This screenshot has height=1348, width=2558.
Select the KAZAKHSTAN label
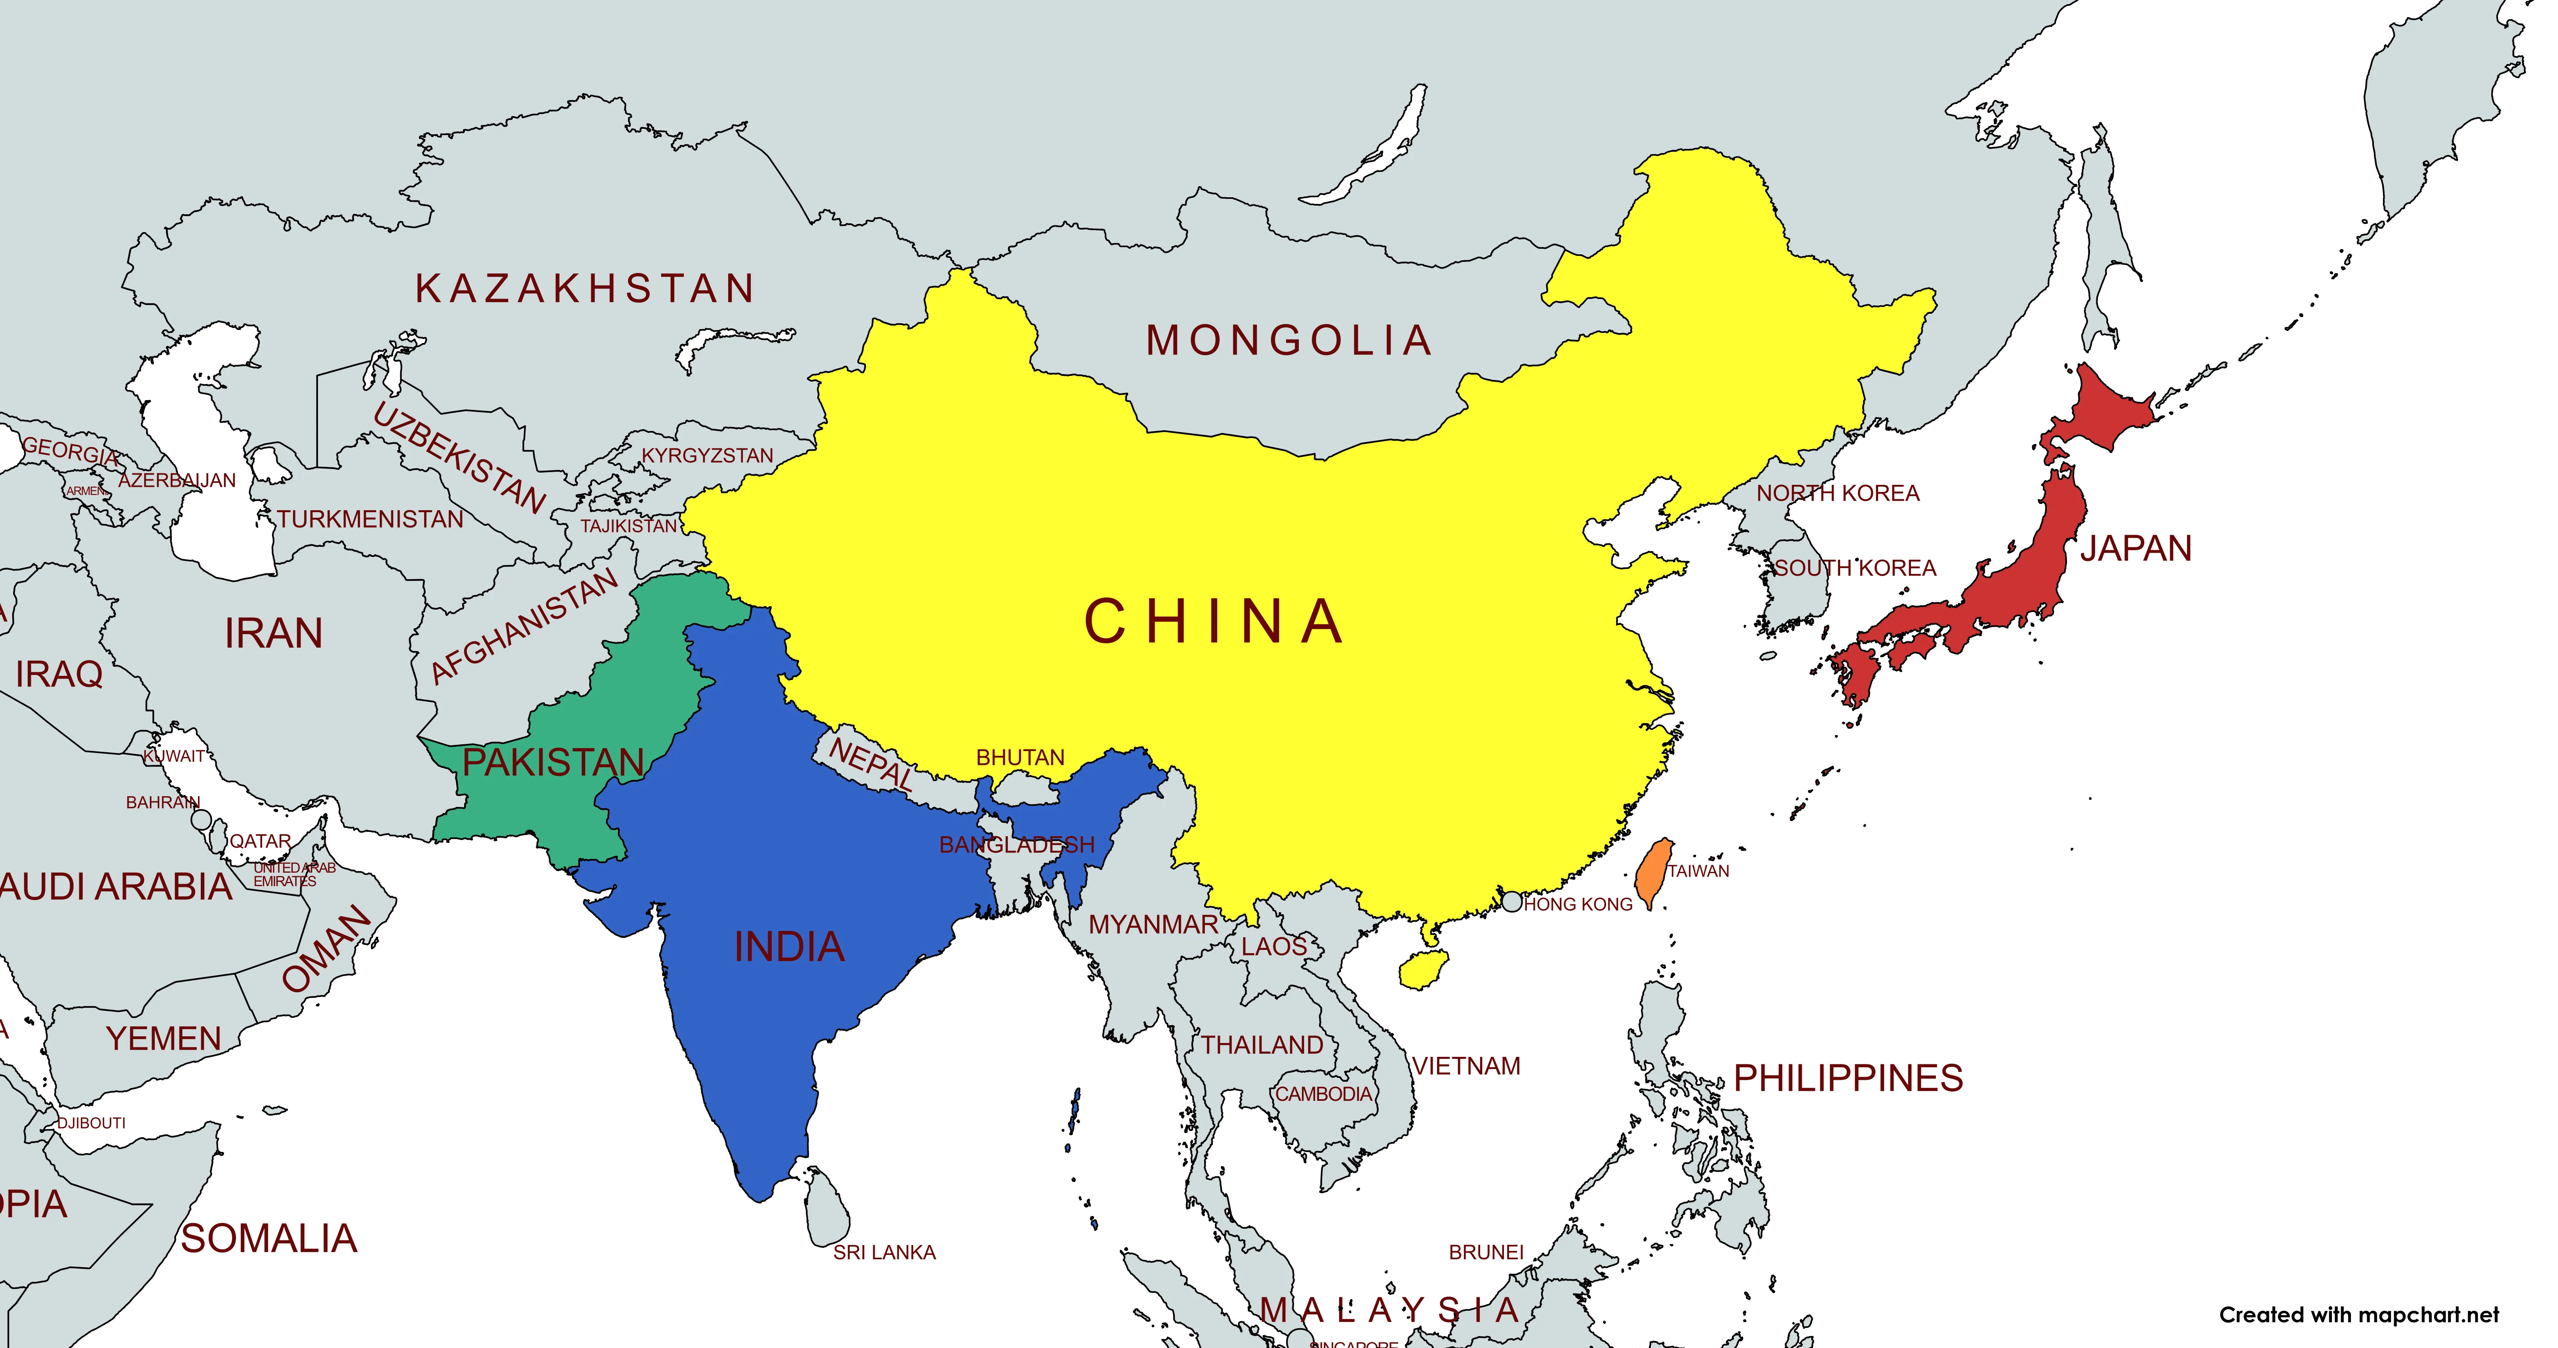coord(585,288)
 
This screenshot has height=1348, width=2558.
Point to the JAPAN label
coord(2135,548)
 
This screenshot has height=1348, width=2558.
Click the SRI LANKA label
coord(884,1253)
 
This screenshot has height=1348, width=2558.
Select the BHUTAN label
coord(1020,758)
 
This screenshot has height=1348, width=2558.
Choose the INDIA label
coord(790,947)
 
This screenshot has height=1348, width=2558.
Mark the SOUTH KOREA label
coord(1855,568)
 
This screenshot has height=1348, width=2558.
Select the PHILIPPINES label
coord(1848,1078)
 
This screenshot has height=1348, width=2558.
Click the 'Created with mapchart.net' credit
coord(2358,1315)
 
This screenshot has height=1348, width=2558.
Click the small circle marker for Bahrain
coord(202,820)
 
